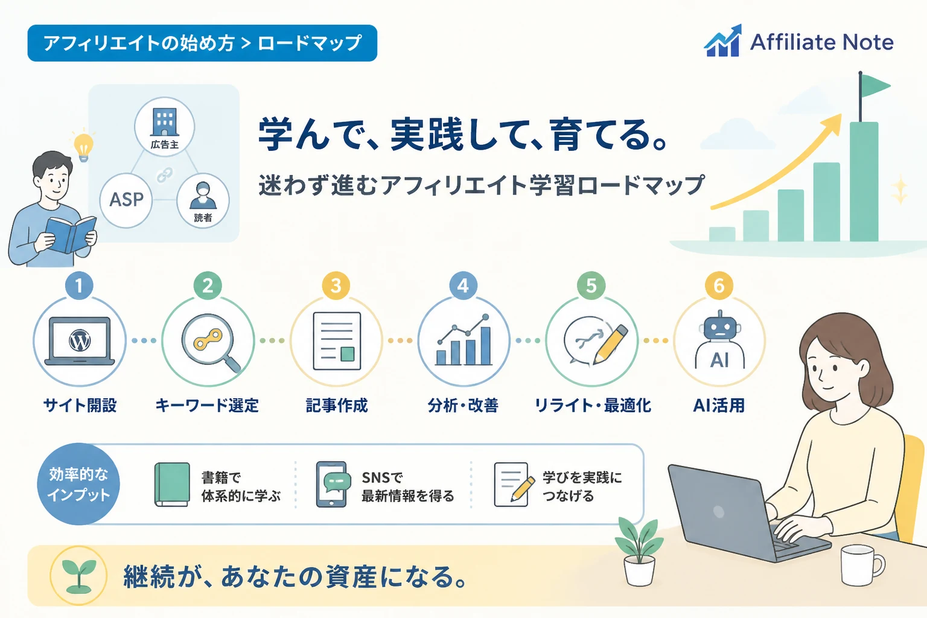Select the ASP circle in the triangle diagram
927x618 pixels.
(126, 200)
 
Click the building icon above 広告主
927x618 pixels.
(165, 122)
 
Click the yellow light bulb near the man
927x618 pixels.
(83, 147)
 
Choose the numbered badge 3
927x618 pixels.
(336, 285)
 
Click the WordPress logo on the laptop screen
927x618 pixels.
(80, 340)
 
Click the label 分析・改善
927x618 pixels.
(463, 406)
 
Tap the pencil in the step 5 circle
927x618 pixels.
(610, 345)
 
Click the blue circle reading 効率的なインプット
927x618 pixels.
(78, 484)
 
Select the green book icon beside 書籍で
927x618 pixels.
(172, 485)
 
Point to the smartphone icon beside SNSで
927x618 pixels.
(333, 484)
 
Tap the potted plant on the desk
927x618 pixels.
(639, 552)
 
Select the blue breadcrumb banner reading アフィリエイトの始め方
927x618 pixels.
(202, 43)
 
